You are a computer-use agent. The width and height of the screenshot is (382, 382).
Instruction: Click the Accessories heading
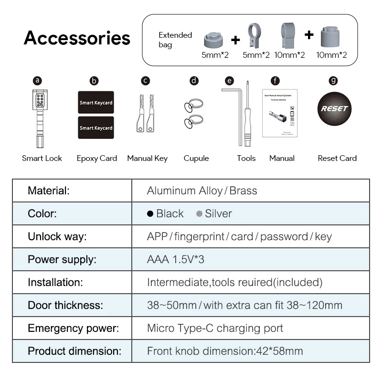click(77, 38)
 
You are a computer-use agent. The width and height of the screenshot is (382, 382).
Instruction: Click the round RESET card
click(334, 108)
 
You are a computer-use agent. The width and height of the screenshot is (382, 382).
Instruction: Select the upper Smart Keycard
click(96, 102)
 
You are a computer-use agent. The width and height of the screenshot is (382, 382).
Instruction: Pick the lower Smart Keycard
click(96, 127)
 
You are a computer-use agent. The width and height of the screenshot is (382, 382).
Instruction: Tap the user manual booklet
click(280, 113)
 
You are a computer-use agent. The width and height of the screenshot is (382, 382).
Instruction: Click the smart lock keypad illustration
click(39, 101)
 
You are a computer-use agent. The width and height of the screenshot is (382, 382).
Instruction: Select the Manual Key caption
click(147, 159)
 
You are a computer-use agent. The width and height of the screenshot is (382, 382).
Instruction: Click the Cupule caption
click(196, 159)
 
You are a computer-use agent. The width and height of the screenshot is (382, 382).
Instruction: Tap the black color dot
click(150, 214)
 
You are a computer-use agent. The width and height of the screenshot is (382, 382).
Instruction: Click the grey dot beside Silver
click(199, 214)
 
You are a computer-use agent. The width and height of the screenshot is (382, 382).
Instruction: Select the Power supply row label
click(62, 260)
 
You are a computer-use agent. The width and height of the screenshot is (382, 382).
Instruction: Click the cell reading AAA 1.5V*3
click(176, 260)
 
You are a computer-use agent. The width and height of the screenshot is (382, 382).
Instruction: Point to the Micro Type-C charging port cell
click(215, 329)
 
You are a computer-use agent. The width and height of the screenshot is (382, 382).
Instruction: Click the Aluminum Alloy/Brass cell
click(202, 191)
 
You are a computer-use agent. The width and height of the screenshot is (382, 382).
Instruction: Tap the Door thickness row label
click(65, 306)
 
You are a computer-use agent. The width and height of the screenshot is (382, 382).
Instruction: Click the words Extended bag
click(175, 40)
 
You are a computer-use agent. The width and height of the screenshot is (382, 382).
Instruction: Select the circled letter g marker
click(333, 81)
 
